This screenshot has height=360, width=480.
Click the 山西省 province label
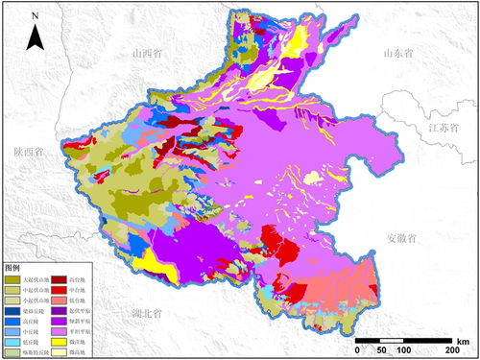coord(152,54)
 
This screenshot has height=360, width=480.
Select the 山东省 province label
coord(399,55)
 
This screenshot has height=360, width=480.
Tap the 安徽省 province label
coord(404,237)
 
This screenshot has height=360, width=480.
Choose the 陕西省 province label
coord(29,152)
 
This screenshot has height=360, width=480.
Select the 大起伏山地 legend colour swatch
coord(14,277)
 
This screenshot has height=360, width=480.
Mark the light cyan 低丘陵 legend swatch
coord(14,342)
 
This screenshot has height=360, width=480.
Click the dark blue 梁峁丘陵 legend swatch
coord(14,310)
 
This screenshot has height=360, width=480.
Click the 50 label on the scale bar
coord(380,350)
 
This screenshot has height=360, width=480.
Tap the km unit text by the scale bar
coord(463,341)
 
